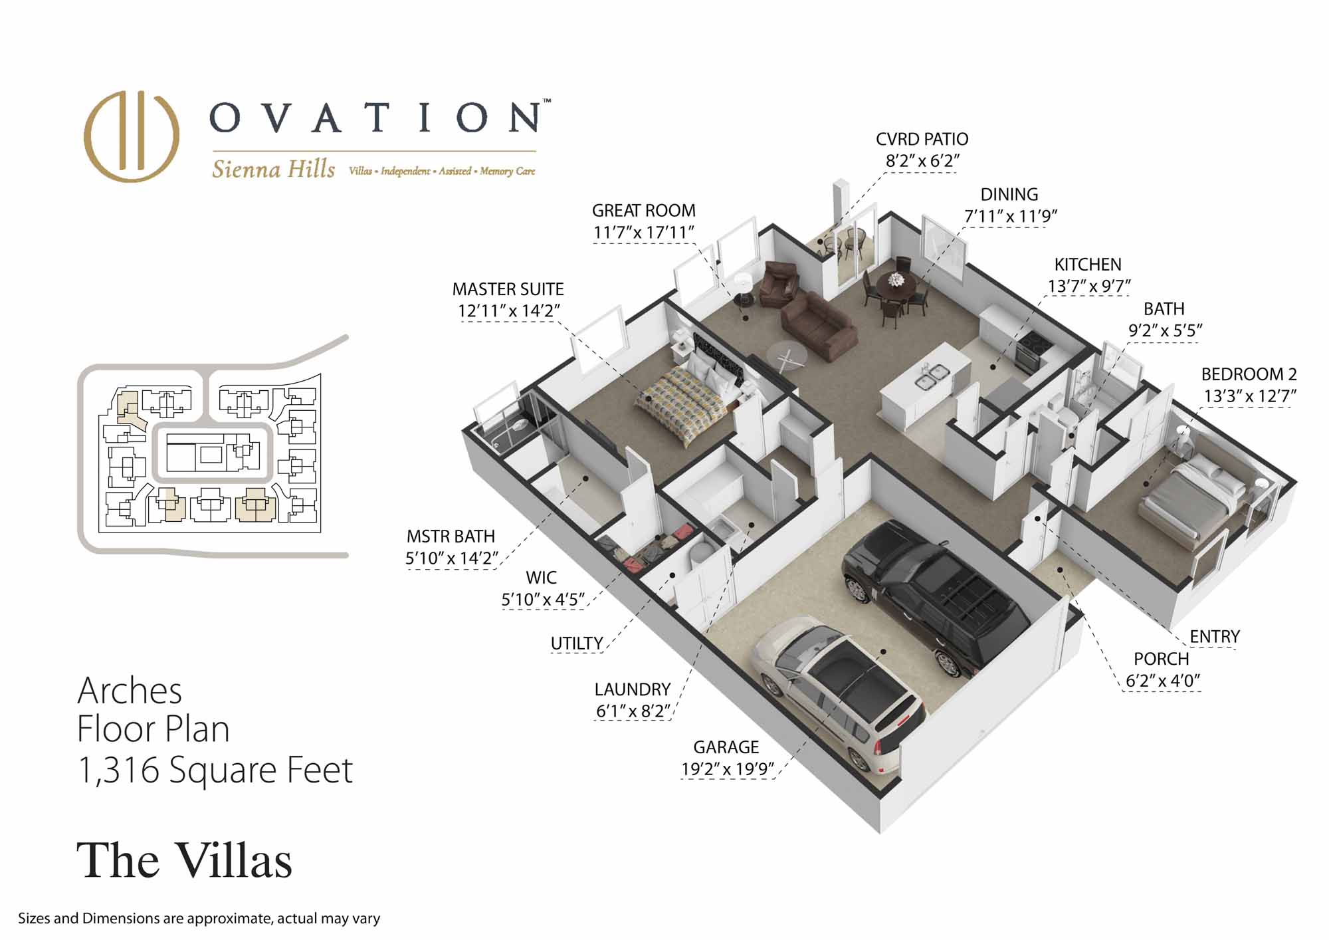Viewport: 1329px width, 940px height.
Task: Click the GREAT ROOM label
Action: [x=643, y=211]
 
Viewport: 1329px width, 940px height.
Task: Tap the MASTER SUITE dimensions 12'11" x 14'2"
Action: [x=508, y=311]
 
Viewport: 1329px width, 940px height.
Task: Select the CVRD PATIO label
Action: [x=922, y=140]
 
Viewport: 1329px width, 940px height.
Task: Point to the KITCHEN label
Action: [x=1088, y=265]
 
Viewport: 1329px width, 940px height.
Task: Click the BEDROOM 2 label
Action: [x=1249, y=374]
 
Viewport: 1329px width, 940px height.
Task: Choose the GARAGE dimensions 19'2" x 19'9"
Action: [x=728, y=769]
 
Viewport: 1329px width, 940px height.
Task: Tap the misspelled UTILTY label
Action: [x=577, y=644]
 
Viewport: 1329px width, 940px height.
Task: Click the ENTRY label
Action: [x=1214, y=637]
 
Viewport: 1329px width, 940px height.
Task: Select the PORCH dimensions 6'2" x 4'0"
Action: [x=1162, y=681]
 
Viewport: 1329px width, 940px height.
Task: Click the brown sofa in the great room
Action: [x=817, y=326]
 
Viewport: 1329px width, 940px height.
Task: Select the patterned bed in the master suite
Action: [x=688, y=397]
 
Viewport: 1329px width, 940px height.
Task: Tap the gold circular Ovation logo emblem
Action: [x=132, y=136]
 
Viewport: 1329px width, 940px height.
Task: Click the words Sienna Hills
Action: [x=273, y=170]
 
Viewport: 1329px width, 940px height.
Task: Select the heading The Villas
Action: [x=184, y=861]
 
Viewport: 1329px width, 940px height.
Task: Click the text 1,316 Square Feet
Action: [x=215, y=770]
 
